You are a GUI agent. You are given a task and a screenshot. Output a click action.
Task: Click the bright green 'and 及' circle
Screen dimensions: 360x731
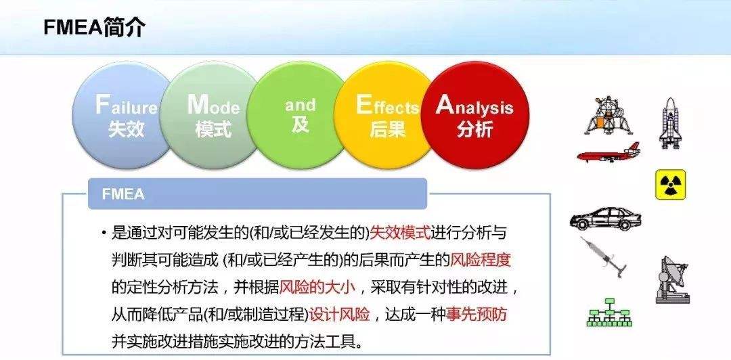(x=299, y=115)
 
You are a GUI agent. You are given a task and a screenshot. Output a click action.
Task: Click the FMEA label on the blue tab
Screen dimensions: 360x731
(x=123, y=194)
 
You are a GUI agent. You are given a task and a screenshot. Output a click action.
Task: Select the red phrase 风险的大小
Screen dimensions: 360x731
(x=317, y=287)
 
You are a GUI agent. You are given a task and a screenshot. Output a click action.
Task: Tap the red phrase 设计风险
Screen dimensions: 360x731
(x=340, y=314)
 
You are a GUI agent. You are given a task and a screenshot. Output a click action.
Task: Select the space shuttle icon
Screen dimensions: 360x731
(x=669, y=122)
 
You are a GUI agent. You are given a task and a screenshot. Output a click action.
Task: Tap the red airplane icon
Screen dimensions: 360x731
(x=608, y=154)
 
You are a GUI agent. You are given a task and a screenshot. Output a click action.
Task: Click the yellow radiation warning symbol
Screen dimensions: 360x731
(x=670, y=185)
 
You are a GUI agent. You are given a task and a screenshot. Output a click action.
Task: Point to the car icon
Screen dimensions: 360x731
(x=605, y=219)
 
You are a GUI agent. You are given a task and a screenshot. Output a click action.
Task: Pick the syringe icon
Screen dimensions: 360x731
(x=604, y=256)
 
